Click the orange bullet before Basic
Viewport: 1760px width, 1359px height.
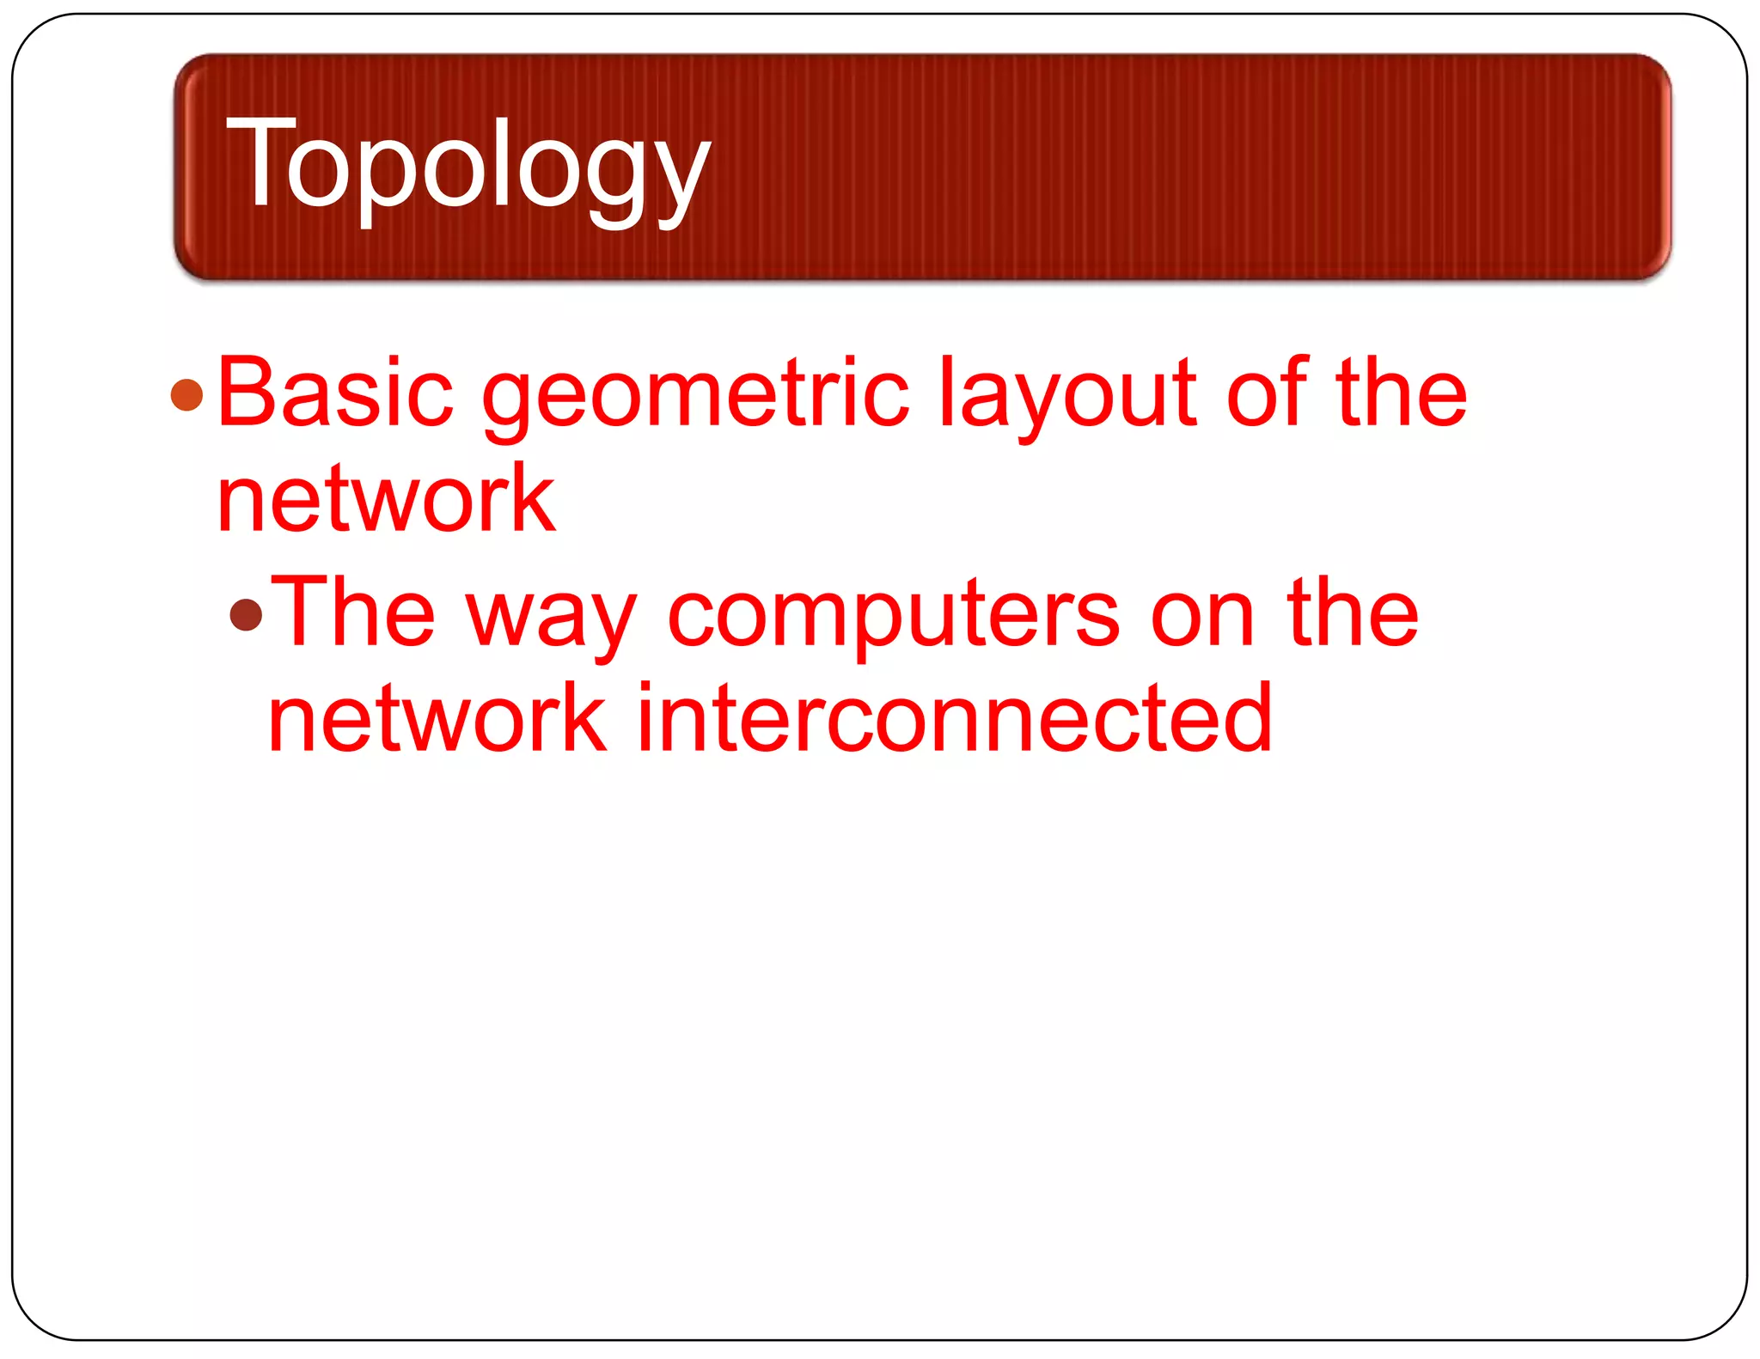point(186,396)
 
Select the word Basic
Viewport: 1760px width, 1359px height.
point(335,393)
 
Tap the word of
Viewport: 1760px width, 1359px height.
point(1267,393)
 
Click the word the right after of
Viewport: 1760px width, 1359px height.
point(1401,393)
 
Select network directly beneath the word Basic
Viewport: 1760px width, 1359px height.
point(386,499)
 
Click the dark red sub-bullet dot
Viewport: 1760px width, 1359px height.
point(247,614)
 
